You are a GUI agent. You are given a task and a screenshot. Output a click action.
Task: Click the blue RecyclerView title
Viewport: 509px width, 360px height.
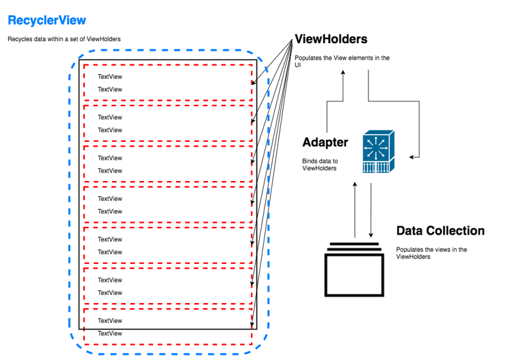coord(46,21)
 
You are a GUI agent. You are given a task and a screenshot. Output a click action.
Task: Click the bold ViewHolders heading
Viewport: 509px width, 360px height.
coord(331,40)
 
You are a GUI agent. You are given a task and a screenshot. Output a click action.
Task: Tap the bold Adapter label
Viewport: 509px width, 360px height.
coord(325,142)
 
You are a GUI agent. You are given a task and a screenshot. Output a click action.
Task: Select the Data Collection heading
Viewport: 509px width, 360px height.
coord(440,231)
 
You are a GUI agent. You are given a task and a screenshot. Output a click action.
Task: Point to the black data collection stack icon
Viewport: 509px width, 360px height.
coord(355,269)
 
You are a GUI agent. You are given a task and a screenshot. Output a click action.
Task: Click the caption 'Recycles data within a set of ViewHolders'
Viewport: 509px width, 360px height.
coord(64,39)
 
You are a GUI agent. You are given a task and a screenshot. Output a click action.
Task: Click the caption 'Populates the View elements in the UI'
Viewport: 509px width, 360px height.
coord(342,62)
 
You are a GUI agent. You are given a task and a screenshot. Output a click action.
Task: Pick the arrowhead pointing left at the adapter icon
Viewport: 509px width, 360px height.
coord(412,157)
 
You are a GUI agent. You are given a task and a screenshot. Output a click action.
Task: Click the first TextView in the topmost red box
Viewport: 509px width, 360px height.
coord(110,77)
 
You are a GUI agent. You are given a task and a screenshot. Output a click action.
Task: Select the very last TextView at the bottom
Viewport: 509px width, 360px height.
coord(110,333)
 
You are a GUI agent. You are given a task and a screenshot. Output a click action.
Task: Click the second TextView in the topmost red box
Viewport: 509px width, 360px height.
coord(110,90)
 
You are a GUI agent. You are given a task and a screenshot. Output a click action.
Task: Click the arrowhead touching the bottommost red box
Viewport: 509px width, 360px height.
coord(254,325)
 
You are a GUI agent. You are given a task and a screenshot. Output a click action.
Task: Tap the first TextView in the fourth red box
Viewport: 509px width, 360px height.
coord(110,199)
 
